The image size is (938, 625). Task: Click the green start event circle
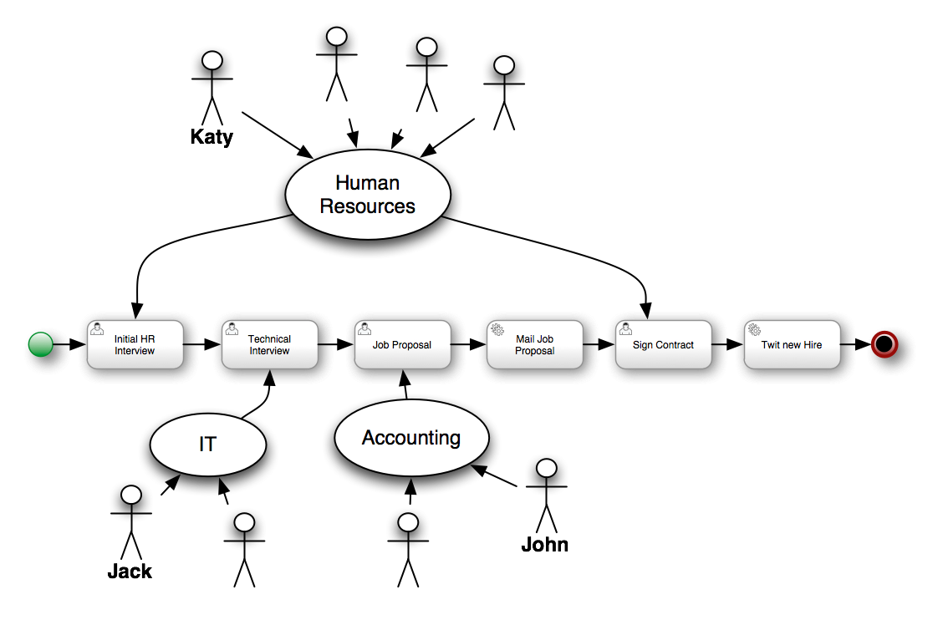click(40, 344)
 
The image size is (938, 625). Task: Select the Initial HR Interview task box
click(135, 344)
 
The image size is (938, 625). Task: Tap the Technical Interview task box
click(268, 344)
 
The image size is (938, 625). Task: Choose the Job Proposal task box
click(401, 344)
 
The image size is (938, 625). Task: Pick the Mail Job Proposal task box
click(534, 344)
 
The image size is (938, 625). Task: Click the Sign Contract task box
click(663, 344)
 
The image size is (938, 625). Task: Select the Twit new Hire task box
click(791, 344)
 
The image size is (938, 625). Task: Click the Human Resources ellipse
click(367, 194)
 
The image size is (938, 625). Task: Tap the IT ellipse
click(207, 445)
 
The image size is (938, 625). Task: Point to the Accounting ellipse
click(410, 438)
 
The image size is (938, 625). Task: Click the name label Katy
click(212, 137)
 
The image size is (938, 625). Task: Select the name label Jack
click(130, 572)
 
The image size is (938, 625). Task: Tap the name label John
click(544, 545)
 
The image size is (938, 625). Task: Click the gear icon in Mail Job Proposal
click(497, 329)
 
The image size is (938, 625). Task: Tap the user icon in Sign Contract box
click(625, 329)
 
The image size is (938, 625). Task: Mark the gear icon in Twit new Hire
click(754, 329)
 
